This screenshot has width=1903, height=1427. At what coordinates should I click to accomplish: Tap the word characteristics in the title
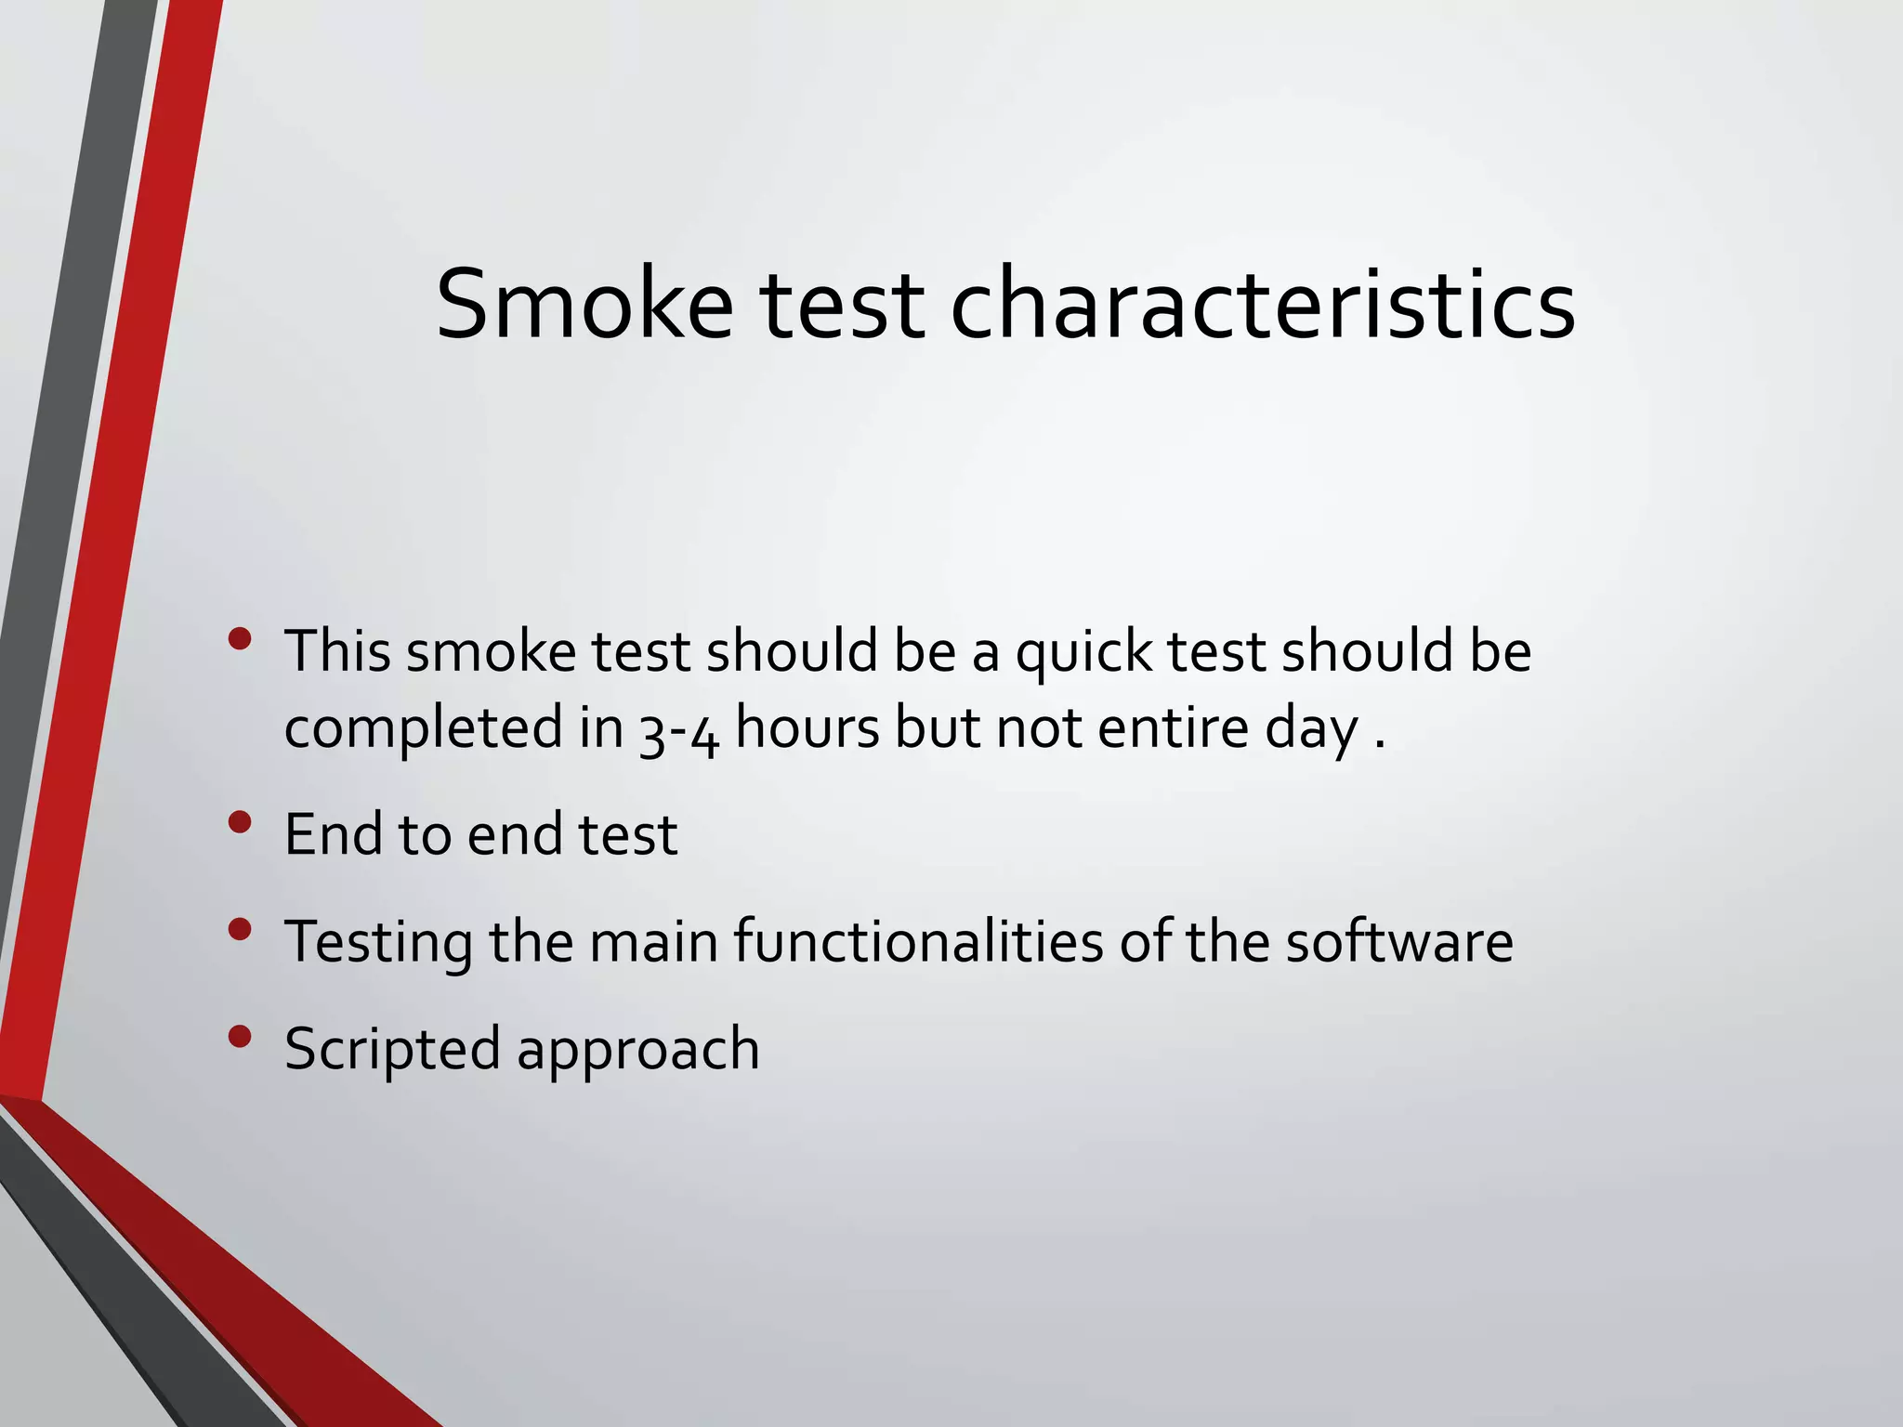(1263, 305)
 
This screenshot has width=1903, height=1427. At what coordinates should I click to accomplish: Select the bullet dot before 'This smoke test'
(240, 639)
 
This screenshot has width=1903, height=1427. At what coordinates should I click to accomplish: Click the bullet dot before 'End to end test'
(240, 822)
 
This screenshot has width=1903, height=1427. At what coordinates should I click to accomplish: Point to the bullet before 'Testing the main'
(240, 930)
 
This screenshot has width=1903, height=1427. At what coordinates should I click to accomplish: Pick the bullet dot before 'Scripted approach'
(240, 1037)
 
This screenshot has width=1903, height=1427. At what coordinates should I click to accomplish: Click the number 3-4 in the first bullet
(679, 729)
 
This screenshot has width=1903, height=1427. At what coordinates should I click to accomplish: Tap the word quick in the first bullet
(1083, 652)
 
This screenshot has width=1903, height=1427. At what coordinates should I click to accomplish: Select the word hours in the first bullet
(807, 727)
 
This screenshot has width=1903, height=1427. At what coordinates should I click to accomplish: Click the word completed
(423, 729)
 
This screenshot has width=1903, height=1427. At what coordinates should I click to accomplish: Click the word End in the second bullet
(334, 834)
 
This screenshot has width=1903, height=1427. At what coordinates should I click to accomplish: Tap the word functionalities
(918, 941)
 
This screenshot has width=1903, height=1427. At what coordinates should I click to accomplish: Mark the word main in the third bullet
(654, 941)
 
